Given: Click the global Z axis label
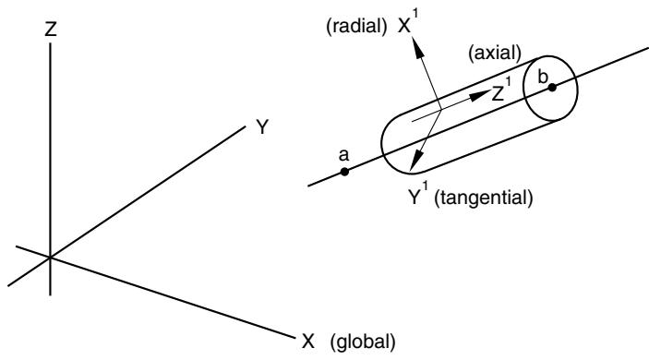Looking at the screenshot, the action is pos(51,30).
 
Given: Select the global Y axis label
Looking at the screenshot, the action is pos(262,127).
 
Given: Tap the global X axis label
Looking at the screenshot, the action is pos(308,342).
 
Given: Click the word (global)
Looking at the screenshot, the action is pos(363,342).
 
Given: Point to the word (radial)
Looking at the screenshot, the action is pos(356,27).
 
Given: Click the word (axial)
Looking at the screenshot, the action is pos(495,53).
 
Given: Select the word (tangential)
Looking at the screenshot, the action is pos(484,198).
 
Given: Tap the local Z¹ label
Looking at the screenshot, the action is pos(501,91).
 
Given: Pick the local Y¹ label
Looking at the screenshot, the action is pos(417,196).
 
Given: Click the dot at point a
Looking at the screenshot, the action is pos(344,172).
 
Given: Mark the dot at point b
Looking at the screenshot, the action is pos(552,88).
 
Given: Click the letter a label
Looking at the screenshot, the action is pos(344,156).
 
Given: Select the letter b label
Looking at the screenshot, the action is pos(543,76).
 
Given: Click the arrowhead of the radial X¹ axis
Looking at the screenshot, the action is pos(418,49).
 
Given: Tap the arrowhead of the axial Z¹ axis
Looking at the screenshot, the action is pos(479,96).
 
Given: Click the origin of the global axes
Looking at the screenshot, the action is pos(51,258).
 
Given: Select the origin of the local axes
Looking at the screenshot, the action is pos(441,110).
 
